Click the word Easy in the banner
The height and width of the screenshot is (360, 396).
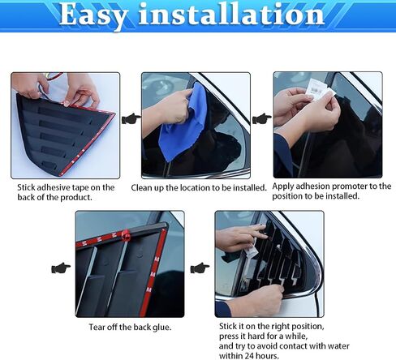point(93,15)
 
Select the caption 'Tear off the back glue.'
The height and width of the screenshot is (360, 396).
point(130,328)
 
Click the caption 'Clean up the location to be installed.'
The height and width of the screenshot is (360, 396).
point(199,187)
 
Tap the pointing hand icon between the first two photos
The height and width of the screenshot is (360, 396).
point(131,118)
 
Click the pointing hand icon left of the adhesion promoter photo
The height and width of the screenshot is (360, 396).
point(262,118)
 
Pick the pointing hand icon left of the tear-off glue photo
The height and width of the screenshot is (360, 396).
point(61,268)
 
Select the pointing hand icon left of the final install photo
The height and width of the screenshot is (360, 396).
point(200,268)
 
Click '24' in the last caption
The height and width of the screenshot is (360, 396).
point(250,356)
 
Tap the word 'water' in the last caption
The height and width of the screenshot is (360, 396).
point(338,346)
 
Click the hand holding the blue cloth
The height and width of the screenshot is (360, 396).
point(168,106)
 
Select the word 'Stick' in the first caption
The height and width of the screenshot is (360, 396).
point(26,187)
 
